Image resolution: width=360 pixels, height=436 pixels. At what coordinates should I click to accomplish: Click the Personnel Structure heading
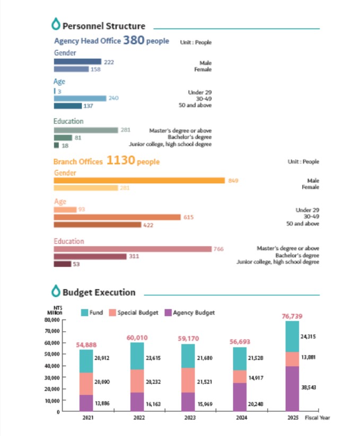point(103,26)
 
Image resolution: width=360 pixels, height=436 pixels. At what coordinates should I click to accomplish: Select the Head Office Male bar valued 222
point(77,62)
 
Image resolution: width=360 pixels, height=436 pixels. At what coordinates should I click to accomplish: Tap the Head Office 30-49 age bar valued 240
point(80,98)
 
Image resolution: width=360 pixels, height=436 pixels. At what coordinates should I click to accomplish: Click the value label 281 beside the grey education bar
point(125,130)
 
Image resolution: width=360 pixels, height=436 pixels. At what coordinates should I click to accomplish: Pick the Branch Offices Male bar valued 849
point(139,181)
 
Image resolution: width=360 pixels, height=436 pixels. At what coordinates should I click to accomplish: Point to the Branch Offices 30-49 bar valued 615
point(117,217)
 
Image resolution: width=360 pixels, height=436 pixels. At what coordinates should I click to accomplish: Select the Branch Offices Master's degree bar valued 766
point(133,249)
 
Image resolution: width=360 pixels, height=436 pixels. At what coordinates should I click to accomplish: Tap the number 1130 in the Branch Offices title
point(120,161)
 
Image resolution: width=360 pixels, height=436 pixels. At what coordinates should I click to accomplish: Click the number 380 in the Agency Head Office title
point(134,40)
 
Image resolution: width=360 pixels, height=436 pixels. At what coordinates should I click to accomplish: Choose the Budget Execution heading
point(99,292)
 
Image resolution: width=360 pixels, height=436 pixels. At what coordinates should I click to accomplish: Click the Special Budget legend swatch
point(112,313)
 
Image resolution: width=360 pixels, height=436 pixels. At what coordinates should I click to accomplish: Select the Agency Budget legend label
point(194,313)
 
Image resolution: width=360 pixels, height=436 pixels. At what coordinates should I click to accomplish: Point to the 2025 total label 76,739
point(292,316)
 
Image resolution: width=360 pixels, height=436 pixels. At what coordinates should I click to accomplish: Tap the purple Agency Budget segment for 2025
point(292,388)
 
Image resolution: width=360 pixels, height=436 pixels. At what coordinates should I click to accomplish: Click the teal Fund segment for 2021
point(86,361)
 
